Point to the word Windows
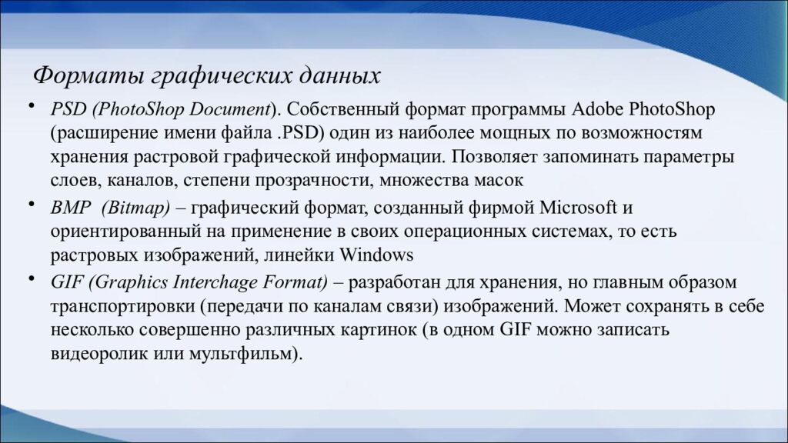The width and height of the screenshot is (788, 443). point(377,255)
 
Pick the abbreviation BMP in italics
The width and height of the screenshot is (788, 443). point(68,207)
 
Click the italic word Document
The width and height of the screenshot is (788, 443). point(232,108)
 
